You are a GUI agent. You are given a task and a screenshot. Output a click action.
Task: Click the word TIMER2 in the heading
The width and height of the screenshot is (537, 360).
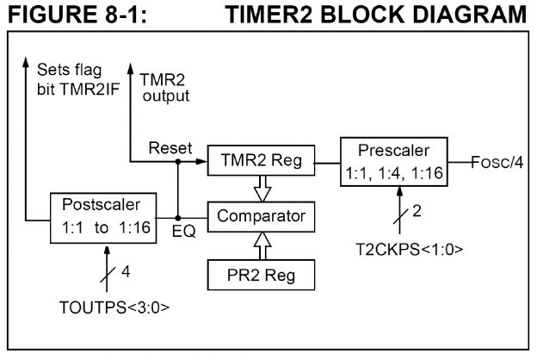coord(284,16)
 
